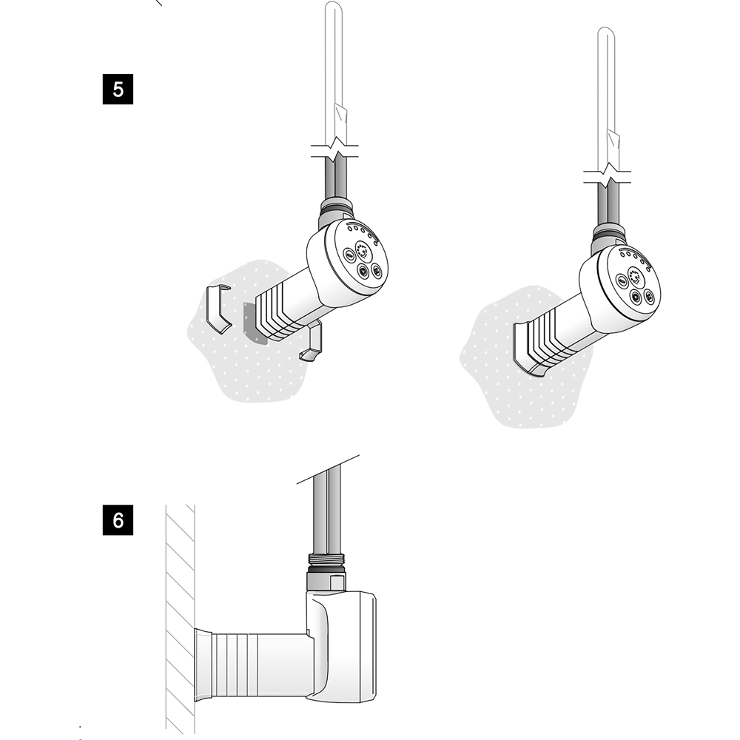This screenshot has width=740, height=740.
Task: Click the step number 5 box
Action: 118,90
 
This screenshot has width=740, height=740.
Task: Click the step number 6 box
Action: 118,520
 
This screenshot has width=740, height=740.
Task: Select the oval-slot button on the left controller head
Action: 349,255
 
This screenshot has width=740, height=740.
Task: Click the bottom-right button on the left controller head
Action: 376,270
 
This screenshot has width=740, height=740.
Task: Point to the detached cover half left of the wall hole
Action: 217,309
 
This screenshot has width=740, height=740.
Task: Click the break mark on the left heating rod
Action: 335,150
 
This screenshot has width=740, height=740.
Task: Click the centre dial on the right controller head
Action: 635,275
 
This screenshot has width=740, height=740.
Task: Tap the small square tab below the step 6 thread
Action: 337,582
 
